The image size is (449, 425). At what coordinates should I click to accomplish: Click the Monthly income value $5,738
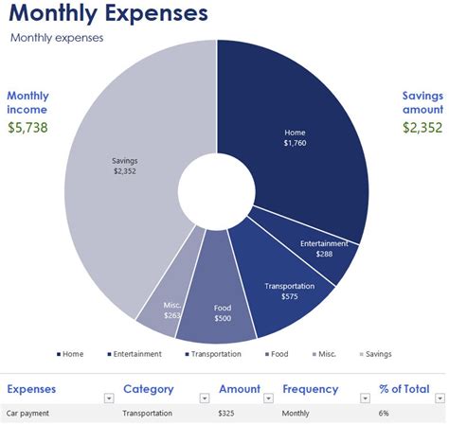coord(27,127)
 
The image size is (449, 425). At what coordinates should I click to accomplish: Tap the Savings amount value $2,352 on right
coord(421,127)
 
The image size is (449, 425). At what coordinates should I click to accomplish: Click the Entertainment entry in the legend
coord(137,354)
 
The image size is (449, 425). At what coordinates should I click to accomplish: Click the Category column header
coord(148,389)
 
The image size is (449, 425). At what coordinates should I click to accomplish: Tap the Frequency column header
coord(310,389)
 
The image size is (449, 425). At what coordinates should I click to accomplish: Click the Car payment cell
coord(28,414)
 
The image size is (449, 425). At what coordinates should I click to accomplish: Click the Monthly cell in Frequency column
coord(296,414)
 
